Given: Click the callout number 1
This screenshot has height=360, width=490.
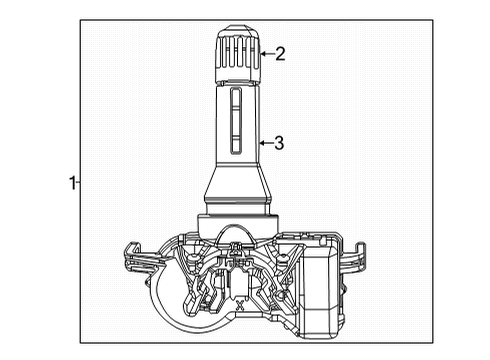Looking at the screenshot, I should pos(71,182).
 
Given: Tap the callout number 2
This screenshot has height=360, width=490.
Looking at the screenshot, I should pos(280,54).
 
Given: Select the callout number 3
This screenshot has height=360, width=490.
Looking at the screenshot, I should pos(279,143).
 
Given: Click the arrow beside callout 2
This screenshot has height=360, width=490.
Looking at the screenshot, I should pos(264,54).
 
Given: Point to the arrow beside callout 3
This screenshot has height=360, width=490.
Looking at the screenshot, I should pos(263,143).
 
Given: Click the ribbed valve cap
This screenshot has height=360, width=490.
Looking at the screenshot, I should pos(237,56).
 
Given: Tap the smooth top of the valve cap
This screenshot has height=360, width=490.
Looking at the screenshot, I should pos(237,27).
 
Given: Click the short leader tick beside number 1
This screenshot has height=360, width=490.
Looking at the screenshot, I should pos(79,182).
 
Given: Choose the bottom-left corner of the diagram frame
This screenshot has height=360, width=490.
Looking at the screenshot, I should pos(82,343).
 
